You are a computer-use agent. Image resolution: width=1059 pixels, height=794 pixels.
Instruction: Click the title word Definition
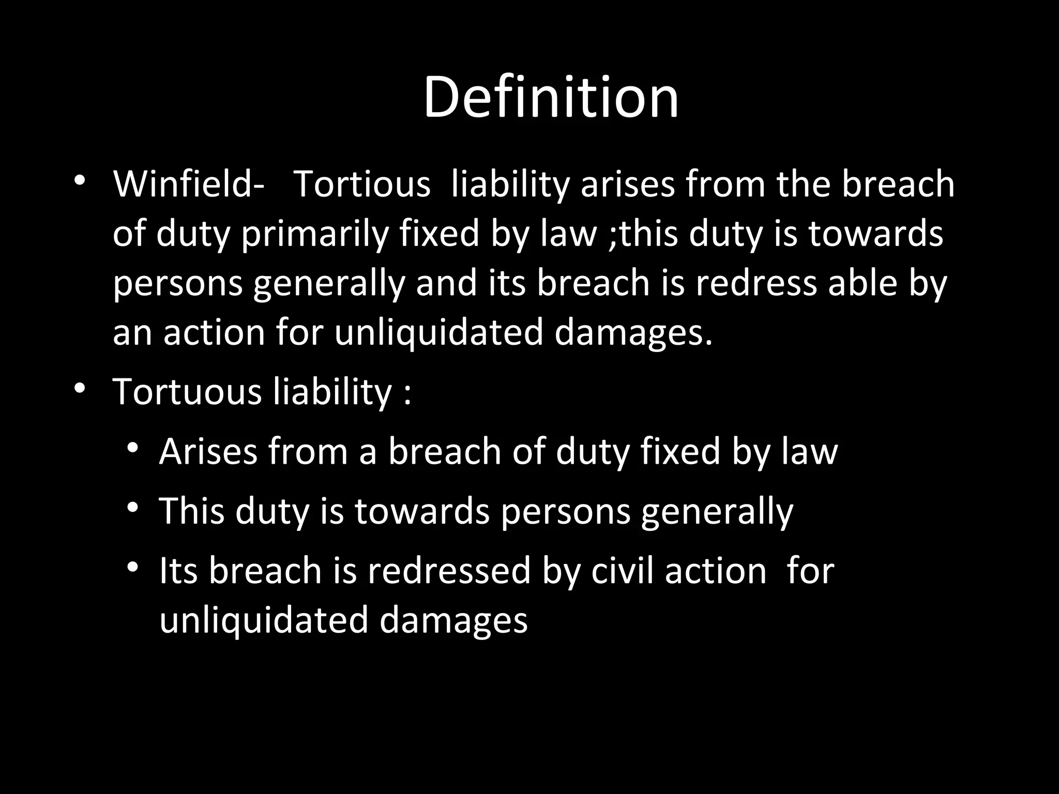[x=551, y=98]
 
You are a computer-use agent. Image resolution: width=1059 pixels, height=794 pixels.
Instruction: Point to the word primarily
[x=315, y=234]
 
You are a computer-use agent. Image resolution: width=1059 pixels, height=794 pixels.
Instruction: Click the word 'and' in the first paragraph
[x=446, y=283]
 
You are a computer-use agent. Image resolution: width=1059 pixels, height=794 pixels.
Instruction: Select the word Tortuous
[x=188, y=391]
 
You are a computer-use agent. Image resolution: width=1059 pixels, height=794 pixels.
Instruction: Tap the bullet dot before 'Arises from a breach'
[x=133, y=448]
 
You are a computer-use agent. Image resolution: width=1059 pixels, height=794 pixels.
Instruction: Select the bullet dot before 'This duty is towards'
[x=133, y=508]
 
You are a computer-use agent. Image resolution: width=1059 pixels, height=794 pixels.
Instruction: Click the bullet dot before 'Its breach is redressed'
[x=133, y=567]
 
